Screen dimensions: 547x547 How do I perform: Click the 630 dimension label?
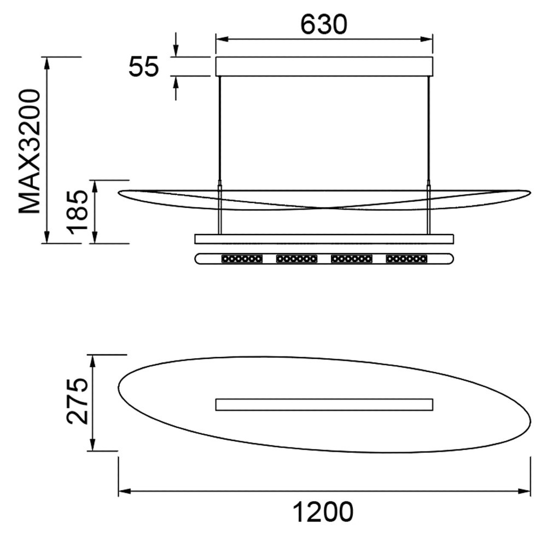coord(324,25)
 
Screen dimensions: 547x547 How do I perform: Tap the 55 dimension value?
coord(144,66)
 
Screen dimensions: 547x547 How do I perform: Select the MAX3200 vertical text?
coord(30,151)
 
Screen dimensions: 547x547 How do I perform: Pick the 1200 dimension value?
coord(322,512)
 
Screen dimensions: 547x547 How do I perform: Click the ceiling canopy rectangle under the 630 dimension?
coord(324,66)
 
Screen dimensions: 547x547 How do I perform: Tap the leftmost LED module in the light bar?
coord(242,259)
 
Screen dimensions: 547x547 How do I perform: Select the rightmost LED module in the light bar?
coord(406,259)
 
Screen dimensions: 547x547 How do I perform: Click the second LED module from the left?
coord(296,259)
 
